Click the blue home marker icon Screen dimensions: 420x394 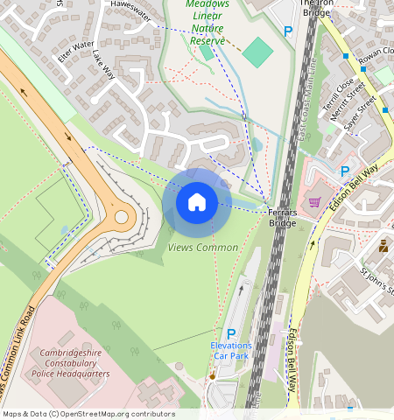[197, 202]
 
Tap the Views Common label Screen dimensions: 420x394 [202, 248]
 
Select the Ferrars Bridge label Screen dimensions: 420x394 [282, 218]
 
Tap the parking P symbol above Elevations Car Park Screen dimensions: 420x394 [231, 333]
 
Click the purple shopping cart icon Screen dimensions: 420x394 [314, 201]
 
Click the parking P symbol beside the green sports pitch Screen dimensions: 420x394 [288, 31]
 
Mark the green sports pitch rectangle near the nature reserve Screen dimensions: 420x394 [257, 53]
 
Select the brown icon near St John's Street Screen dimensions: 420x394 [383, 248]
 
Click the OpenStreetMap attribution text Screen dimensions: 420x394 [88, 414]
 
